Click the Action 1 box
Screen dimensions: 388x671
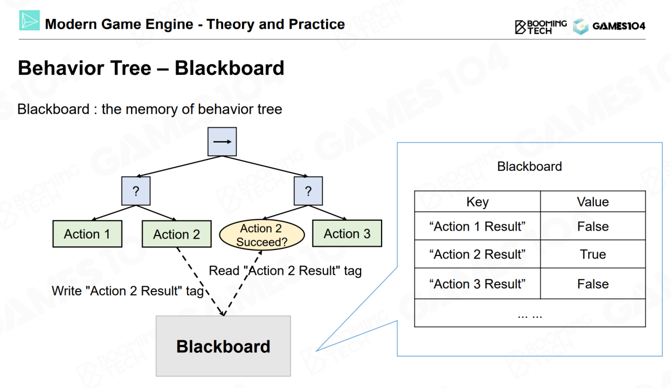click(87, 234)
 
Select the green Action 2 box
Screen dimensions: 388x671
click(177, 234)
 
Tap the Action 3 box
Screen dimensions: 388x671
click(347, 234)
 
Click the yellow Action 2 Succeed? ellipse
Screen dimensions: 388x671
click(261, 235)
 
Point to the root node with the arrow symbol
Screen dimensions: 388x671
click(222, 142)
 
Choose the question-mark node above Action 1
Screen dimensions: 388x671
click(136, 191)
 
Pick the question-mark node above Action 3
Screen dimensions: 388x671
click(308, 191)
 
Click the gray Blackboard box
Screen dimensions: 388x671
click(223, 346)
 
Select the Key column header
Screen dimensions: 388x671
click(477, 202)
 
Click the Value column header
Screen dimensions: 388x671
click(593, 202)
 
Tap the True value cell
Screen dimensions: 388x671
click(593, 254)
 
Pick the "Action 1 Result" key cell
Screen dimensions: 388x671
click(477, 227)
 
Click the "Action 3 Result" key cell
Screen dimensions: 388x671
click(477, 284)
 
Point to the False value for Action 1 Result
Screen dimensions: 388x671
click(593, 227)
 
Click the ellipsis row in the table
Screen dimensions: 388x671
click(529, 314)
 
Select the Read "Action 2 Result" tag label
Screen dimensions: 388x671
click(285, 271)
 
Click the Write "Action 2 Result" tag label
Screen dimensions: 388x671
click(127, 291)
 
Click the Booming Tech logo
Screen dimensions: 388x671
click(540, 27)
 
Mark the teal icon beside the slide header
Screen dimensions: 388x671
click(29, 20)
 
